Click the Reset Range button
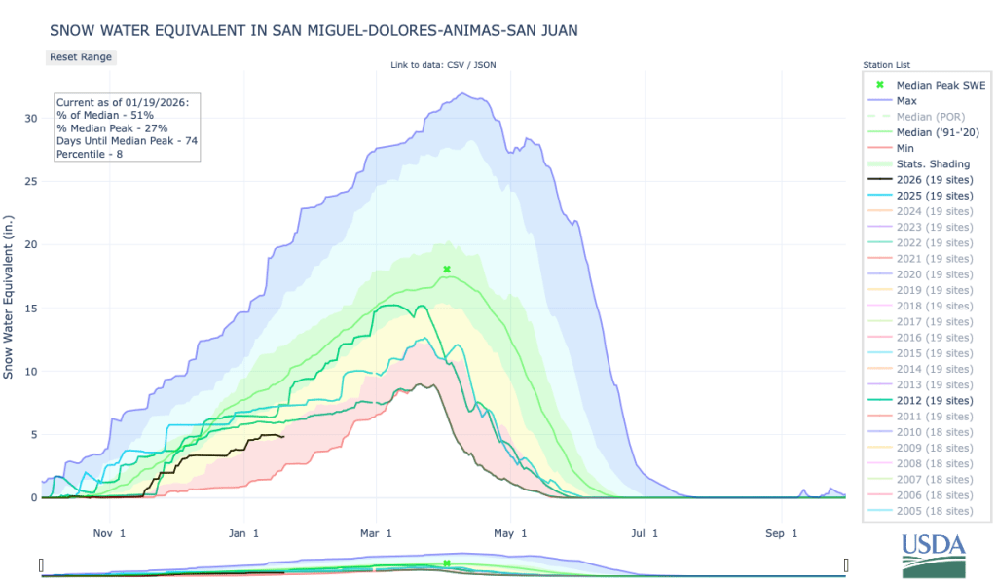81,56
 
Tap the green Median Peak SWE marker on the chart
447,269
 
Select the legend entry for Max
905,100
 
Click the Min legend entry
904,148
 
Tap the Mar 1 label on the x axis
375,533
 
